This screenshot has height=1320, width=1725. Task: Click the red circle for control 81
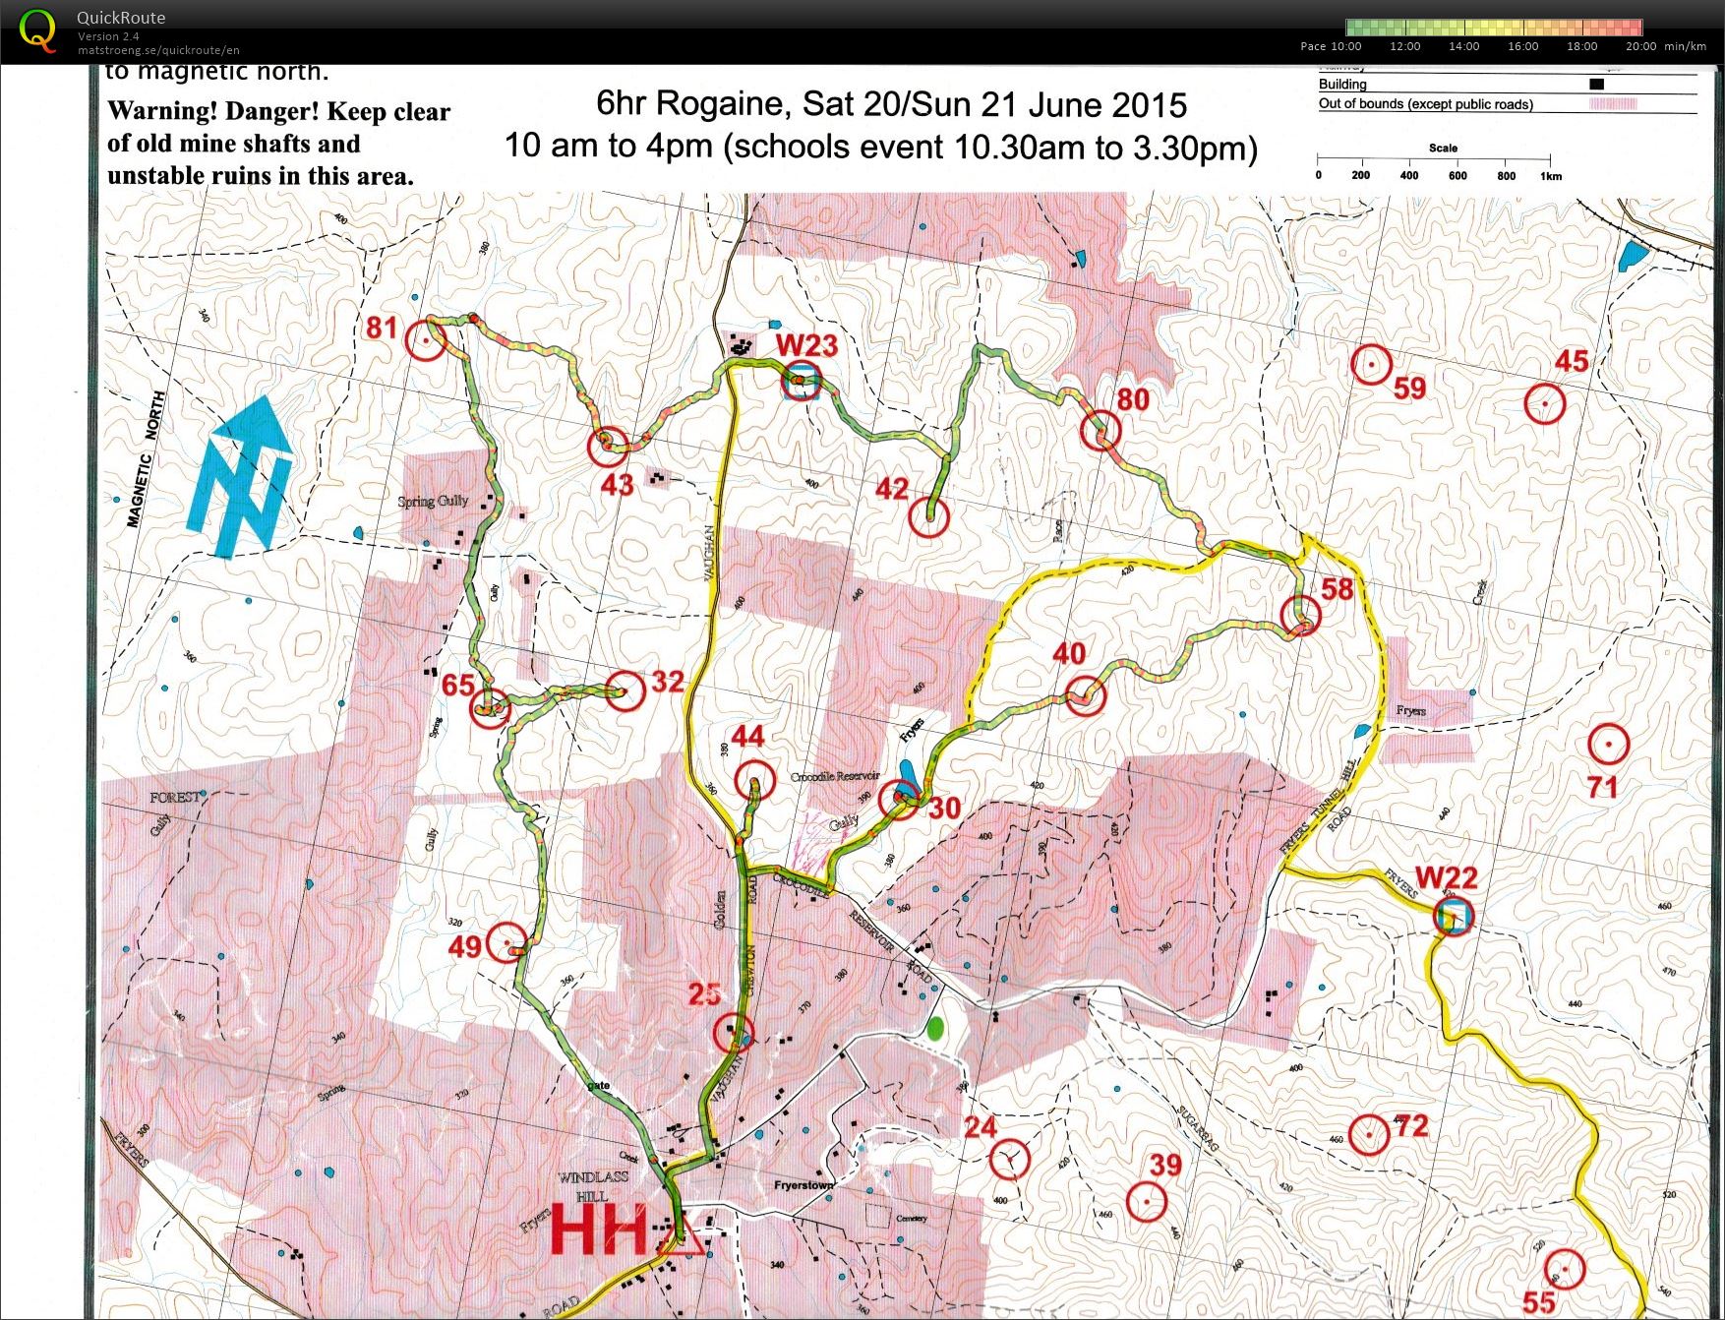426,339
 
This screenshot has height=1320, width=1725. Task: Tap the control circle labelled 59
1371,365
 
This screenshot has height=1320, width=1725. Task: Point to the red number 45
1571,361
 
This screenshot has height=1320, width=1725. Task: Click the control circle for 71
1608,746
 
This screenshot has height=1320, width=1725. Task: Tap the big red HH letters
600,1230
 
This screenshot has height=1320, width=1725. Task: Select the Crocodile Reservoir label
835,777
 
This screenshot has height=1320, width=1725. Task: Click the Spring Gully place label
433,502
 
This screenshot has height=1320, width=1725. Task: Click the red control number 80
1132,398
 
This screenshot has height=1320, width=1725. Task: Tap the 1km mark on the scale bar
1550,175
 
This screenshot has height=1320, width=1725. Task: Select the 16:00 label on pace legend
1522,46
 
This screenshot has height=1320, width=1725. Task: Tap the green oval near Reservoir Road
935,1029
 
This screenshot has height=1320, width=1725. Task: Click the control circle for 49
508,943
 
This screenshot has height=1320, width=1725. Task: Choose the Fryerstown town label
803,1185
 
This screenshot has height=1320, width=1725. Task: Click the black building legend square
1596,85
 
